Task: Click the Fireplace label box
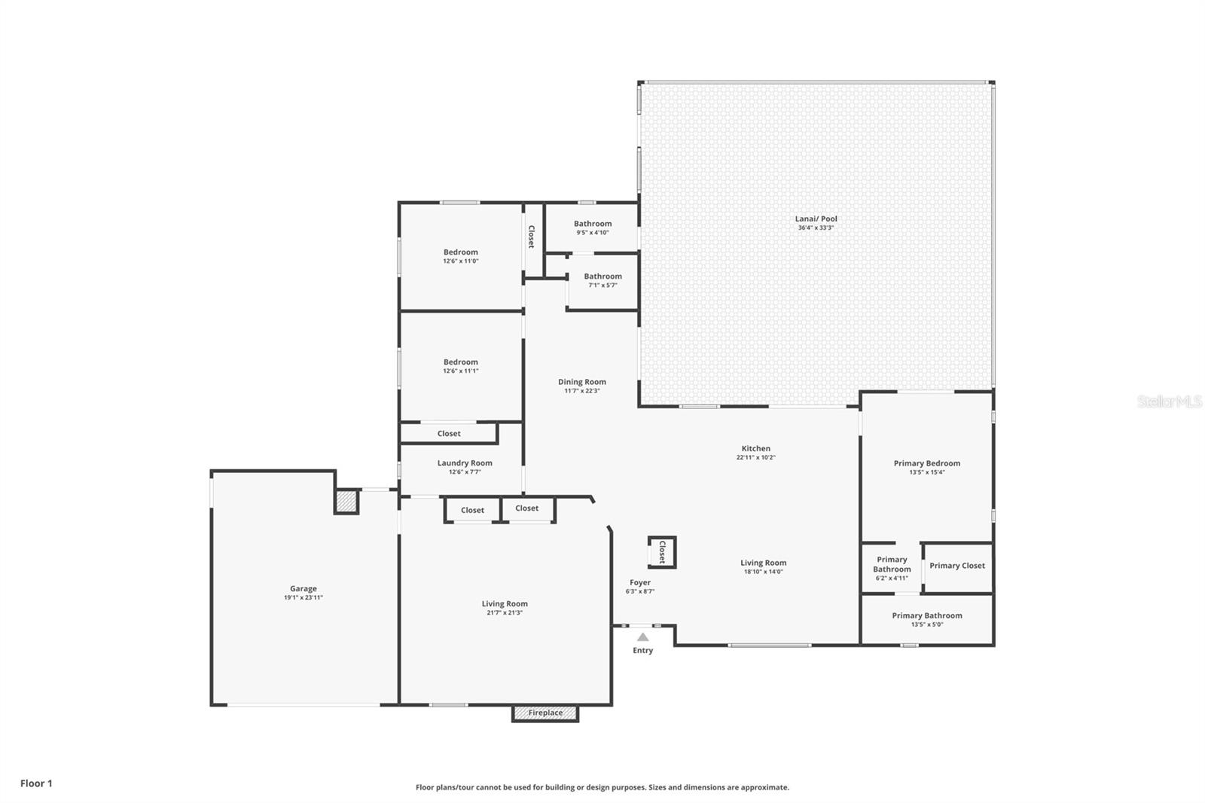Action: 545,713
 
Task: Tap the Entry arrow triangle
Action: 643,637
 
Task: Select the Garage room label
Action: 304,589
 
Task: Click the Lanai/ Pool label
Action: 816,218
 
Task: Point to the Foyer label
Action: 640,582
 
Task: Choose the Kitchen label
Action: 756,448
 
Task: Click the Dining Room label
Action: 582,382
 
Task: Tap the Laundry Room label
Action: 465,463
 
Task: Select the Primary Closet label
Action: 957,566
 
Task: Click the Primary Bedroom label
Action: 927,463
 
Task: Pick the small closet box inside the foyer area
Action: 662,552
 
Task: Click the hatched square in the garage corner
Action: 346,502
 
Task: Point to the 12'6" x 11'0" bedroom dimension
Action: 460,261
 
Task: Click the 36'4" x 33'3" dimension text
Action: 816,227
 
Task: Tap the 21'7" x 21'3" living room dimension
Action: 505,612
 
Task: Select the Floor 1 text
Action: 37,783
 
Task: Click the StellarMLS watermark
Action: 1170,401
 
